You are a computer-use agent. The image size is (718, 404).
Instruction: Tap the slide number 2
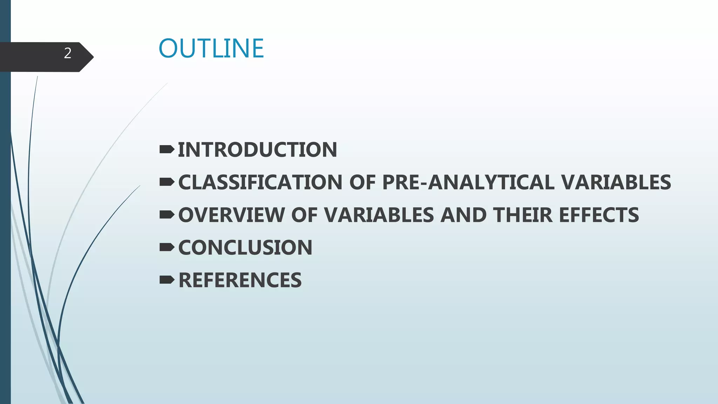[x=68, y=53]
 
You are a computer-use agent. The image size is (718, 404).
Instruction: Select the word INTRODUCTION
[x=257, y=150]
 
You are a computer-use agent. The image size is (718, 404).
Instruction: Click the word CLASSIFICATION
[x=260, y=182]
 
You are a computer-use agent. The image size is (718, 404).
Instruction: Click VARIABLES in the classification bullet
[x=616, y=182]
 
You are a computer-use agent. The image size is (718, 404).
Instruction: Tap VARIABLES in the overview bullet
[x=379, y=215]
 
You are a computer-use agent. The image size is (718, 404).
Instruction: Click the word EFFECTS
[x=599, y=215]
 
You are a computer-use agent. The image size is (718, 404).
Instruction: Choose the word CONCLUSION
[x=245, y=248]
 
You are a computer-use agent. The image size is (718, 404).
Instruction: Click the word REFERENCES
[x=240, y=280]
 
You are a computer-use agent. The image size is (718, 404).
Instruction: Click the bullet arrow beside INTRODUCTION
[x=167, y=150]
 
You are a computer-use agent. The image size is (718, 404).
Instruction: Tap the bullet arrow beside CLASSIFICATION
[x=167, y=182]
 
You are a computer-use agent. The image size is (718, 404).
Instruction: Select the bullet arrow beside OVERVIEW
[x=167, y=215]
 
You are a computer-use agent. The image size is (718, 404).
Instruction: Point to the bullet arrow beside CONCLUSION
[x=167, y=247]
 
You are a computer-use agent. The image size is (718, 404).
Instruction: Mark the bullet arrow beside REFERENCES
[x=167, y=280]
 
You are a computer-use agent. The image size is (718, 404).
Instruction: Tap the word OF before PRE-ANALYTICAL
[x=362, y=182]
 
